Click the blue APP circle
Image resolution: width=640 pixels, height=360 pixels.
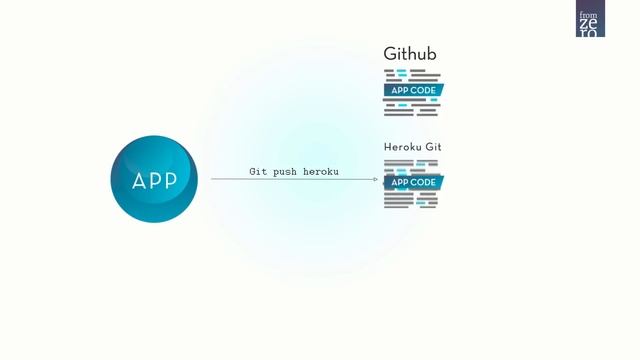point(154,179)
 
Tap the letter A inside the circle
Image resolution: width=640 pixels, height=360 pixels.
point(140,181)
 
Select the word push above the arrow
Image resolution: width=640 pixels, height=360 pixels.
point(287,172)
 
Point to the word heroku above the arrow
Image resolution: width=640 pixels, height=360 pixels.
point(321,172)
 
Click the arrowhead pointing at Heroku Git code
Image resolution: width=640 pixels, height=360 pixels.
point(375,180)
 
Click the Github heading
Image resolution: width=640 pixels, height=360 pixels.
point(410,54)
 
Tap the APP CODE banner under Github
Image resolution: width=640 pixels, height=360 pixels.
point(412,90)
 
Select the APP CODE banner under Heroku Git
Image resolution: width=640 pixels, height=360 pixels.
point(412,183)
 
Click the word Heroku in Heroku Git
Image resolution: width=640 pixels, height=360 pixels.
point(402,147)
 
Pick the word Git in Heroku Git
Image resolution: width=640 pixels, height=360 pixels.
point(433,147)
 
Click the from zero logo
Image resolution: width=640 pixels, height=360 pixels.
point(590,20)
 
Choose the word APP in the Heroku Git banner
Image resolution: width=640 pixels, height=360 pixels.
point(399,183)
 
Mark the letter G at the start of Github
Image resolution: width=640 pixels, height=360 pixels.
point(390,54)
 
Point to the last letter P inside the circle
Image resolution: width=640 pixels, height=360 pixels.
point(169,181)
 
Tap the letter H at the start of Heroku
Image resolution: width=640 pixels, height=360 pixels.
point(388,147)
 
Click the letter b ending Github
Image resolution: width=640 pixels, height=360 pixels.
point(431,54)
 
